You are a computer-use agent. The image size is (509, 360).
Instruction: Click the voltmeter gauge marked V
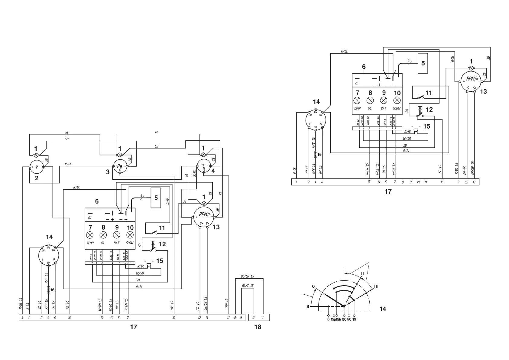37,167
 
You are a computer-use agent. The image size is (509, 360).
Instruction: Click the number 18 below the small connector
258,327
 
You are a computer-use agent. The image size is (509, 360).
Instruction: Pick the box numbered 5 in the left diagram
156,198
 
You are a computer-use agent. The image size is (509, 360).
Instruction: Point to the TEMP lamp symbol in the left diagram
90,235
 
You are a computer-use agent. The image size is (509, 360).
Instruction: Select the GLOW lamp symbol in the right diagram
397,100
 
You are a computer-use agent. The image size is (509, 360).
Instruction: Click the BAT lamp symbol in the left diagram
117,235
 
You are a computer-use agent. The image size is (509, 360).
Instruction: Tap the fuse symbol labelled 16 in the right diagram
316,154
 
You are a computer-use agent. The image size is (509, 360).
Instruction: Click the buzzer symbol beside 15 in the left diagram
148,266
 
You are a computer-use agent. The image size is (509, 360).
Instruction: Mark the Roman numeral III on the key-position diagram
376,287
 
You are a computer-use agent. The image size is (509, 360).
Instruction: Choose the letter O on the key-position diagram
313,286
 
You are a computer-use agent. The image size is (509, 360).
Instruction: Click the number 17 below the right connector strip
388,192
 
